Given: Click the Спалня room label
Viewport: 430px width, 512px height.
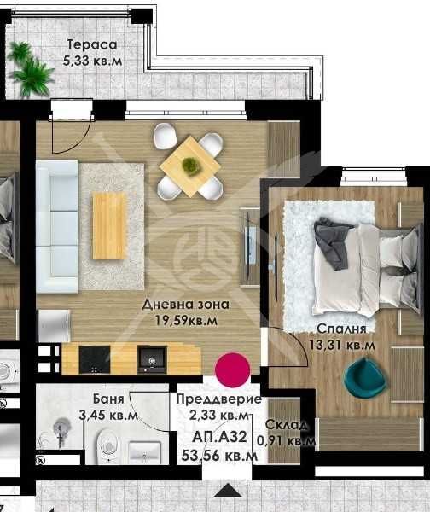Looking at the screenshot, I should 341,329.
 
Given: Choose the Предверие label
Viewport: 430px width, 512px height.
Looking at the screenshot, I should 218,399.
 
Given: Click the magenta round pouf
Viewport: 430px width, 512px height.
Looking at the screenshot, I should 231,369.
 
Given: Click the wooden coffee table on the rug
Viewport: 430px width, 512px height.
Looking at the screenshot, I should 108,225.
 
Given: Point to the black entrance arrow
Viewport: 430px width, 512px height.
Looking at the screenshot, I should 227,491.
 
